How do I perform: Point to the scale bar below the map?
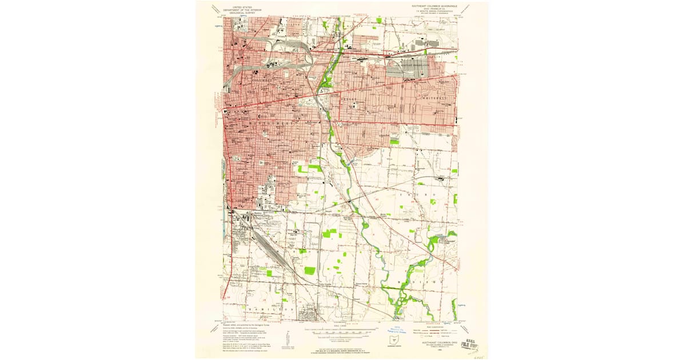tap(343, 330)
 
